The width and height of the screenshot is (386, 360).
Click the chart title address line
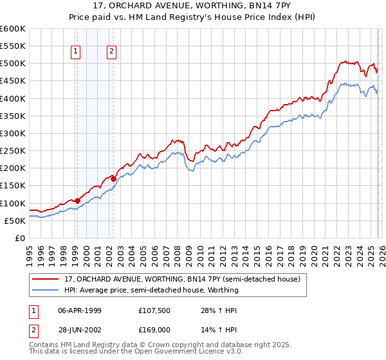(x=192, y=5)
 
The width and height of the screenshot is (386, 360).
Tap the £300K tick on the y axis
(x=12, y=133)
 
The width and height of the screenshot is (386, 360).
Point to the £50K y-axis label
(x=15, y=221)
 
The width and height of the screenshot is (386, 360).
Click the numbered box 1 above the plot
(x=76, y=52)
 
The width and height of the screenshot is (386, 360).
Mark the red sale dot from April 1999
(x=77, y=201)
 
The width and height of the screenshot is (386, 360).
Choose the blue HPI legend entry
(x=151, y=290)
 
